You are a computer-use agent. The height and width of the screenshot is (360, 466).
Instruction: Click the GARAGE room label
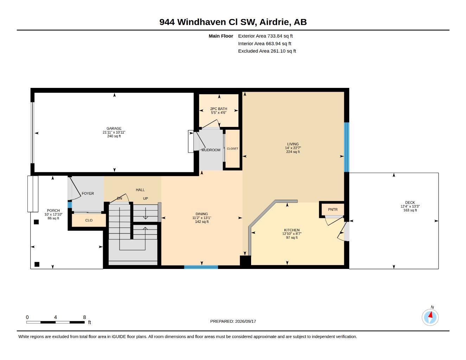pyautogui.click(x=114, y=128)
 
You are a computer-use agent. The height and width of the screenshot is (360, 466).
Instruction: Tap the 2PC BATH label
pyautogui.click(x=218, y=109)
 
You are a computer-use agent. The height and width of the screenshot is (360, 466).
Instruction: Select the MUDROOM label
pyautogui.click(x=211, y=150)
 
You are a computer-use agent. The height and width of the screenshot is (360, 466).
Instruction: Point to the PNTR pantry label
pyautogui.click(x=333, y=210)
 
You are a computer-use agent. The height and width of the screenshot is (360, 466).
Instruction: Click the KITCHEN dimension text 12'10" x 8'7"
pyautogui.click(x=292, y=234)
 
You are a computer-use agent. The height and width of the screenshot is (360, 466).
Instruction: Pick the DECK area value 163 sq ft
pyautogui.click(x=410, y=210)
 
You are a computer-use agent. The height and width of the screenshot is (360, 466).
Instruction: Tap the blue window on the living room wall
pyautogui.click(x=346, y=147)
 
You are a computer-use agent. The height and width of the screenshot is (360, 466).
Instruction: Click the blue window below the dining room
pyautogui.click(x=201, y=267)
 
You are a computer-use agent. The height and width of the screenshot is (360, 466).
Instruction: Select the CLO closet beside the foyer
pyautogui.click(x=89, y=220)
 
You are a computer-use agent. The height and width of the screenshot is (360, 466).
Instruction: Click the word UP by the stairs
pyautogui.click(x=145, y=198)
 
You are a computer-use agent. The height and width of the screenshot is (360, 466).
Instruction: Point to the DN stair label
pyautogui.click(x=120, y=198)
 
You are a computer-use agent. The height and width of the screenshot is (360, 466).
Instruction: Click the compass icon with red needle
pyautogui.click(x=430, y=317)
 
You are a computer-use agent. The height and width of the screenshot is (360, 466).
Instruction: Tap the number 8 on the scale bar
pyautogui.click(x=84, y=317)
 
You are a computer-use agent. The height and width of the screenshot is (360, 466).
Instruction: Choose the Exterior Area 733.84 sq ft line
pyautogui.click(x=265, y=36)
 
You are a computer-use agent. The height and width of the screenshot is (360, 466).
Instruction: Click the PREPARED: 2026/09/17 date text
pyautogui.click(x=233, y=321)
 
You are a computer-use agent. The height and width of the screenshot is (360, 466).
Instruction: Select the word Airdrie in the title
pyautogui.click(x=275, y=22)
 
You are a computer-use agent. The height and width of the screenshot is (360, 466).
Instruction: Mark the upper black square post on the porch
pyautogui.click(x=36, y=222)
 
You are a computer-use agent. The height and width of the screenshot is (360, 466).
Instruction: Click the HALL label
pyautogui.click(x=140, y=190)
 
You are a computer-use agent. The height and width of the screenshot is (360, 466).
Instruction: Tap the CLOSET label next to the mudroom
pyautogui.click(x=232, y=149)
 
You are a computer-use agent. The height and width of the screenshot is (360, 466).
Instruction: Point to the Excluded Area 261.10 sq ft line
pyautogui.click(x=267, y=51)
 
